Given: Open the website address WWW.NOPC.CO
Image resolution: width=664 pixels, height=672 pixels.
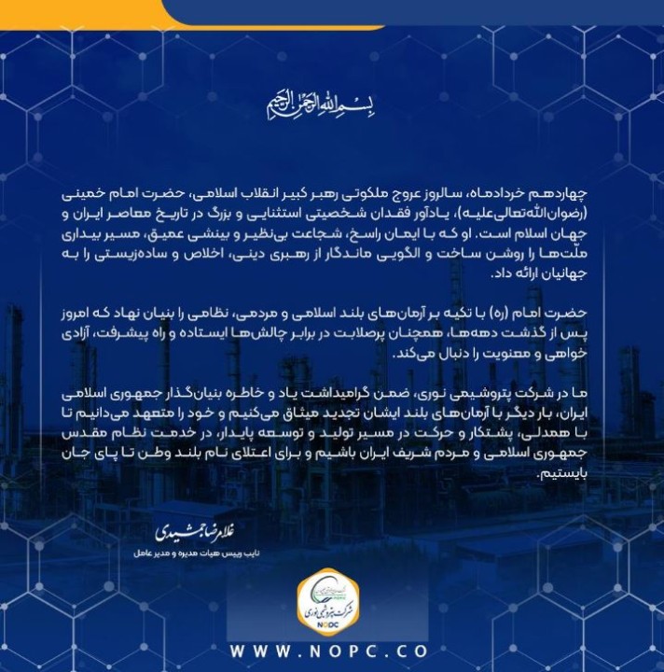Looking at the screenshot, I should click(x=331, y=651).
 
